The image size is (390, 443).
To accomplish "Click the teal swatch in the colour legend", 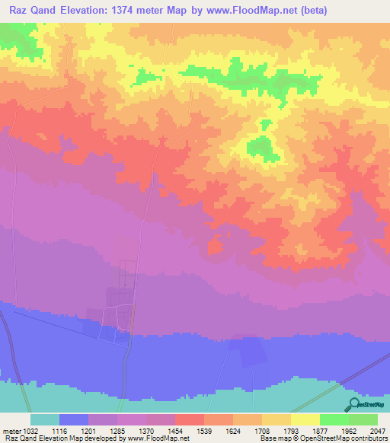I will (x=44, y=419).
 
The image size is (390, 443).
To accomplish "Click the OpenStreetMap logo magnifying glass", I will (x=352, y=403).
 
